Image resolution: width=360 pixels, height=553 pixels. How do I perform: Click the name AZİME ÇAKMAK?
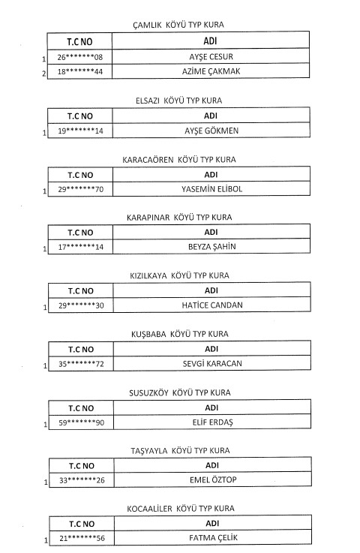(x=211, y=71)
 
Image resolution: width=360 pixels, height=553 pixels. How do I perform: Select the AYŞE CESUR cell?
(x=211, y=56)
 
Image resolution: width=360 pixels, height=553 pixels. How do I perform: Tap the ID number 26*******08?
(x=80, y=57)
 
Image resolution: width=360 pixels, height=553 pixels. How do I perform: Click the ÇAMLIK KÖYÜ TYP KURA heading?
(x=178, y=25)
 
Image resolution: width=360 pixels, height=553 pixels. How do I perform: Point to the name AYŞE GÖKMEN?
(x=211, y=131)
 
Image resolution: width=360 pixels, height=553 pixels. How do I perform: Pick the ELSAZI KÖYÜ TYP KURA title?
(x=178, y=101)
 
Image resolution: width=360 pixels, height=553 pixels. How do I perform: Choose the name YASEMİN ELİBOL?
(x=212, y=189)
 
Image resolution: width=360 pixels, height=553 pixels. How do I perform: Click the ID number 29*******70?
(x=81, y=189)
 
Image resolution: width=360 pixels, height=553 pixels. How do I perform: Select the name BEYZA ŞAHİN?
(x=212, y=247)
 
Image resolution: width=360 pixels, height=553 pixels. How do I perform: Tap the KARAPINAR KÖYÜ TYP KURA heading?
(x=179, y=218)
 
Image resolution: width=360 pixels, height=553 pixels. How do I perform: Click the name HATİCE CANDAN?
(x=212, y=305)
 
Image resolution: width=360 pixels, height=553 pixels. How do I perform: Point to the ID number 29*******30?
(x=81, y=305)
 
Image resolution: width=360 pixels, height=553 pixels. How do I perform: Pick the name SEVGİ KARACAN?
(x=212, y=364)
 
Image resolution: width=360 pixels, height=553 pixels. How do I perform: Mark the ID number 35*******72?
(x=81, y=364)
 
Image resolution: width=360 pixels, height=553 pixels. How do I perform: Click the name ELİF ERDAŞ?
(x=212, y=422)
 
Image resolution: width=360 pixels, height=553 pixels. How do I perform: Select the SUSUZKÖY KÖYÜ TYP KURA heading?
(x=180, y=393)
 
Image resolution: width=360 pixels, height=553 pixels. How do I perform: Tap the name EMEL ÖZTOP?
(x=213, y=479)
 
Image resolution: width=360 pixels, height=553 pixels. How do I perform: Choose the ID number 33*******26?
(x=82, y=480)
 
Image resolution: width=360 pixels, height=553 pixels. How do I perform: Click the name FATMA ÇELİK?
(x=213, y=538)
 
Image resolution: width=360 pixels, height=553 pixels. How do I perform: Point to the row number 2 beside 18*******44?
(x=43, y=74)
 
